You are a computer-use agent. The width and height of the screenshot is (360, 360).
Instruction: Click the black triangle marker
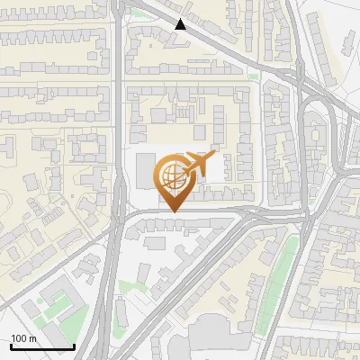[181, 24]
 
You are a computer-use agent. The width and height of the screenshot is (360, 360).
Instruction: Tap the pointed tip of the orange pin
[173, 211]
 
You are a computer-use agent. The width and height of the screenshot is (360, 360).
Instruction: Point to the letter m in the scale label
[33, 339]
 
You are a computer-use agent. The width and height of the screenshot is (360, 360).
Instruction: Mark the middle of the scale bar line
[41, 346]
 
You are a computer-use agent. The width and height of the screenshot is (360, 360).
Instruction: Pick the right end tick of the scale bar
[74, 346]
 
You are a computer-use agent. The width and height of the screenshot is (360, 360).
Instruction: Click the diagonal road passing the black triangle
[216, 45]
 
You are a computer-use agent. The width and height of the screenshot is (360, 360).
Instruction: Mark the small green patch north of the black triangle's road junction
[136, 13]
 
